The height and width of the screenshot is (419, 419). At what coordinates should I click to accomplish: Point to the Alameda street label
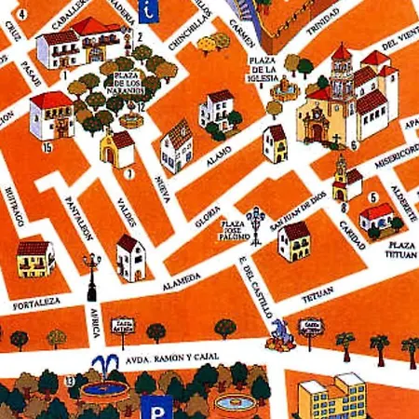(181, 278)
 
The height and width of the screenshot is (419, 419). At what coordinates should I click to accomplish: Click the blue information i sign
(148, 10)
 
